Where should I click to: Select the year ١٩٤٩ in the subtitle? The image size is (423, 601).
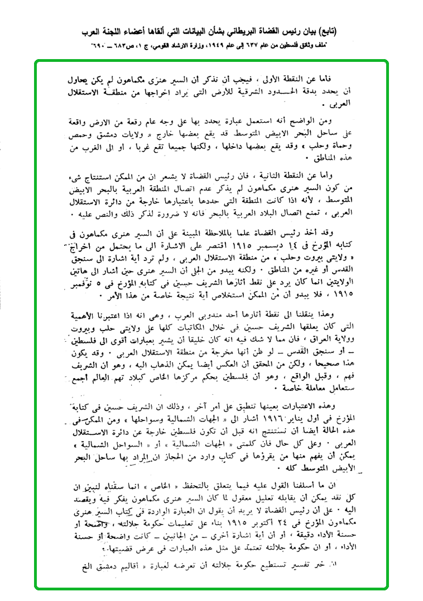[x=220, y=44]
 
